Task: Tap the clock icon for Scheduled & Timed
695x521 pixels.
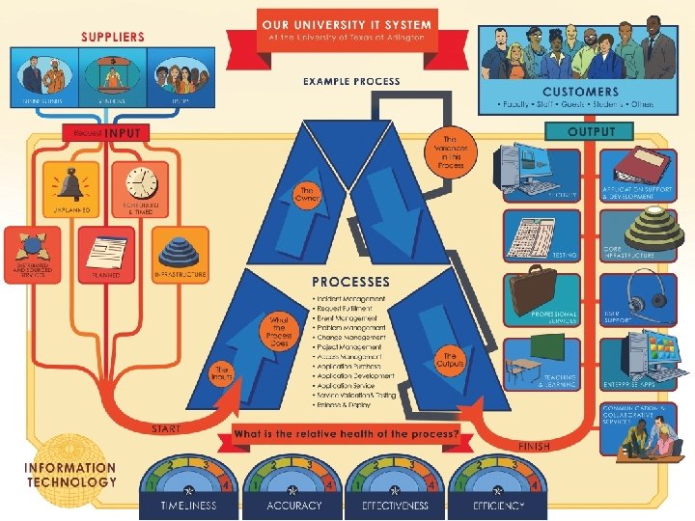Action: (x=140, y=183)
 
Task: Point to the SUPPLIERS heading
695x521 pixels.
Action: (x=112, y=37)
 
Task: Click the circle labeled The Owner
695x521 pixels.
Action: (x=310, y=194)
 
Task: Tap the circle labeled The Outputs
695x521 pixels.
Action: (x=450, y=358)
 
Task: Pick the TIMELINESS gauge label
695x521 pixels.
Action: (x=189, y=506)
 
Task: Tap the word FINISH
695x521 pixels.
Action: (x=537, y=447)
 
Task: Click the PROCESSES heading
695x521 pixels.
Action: (x=350, y=283)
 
